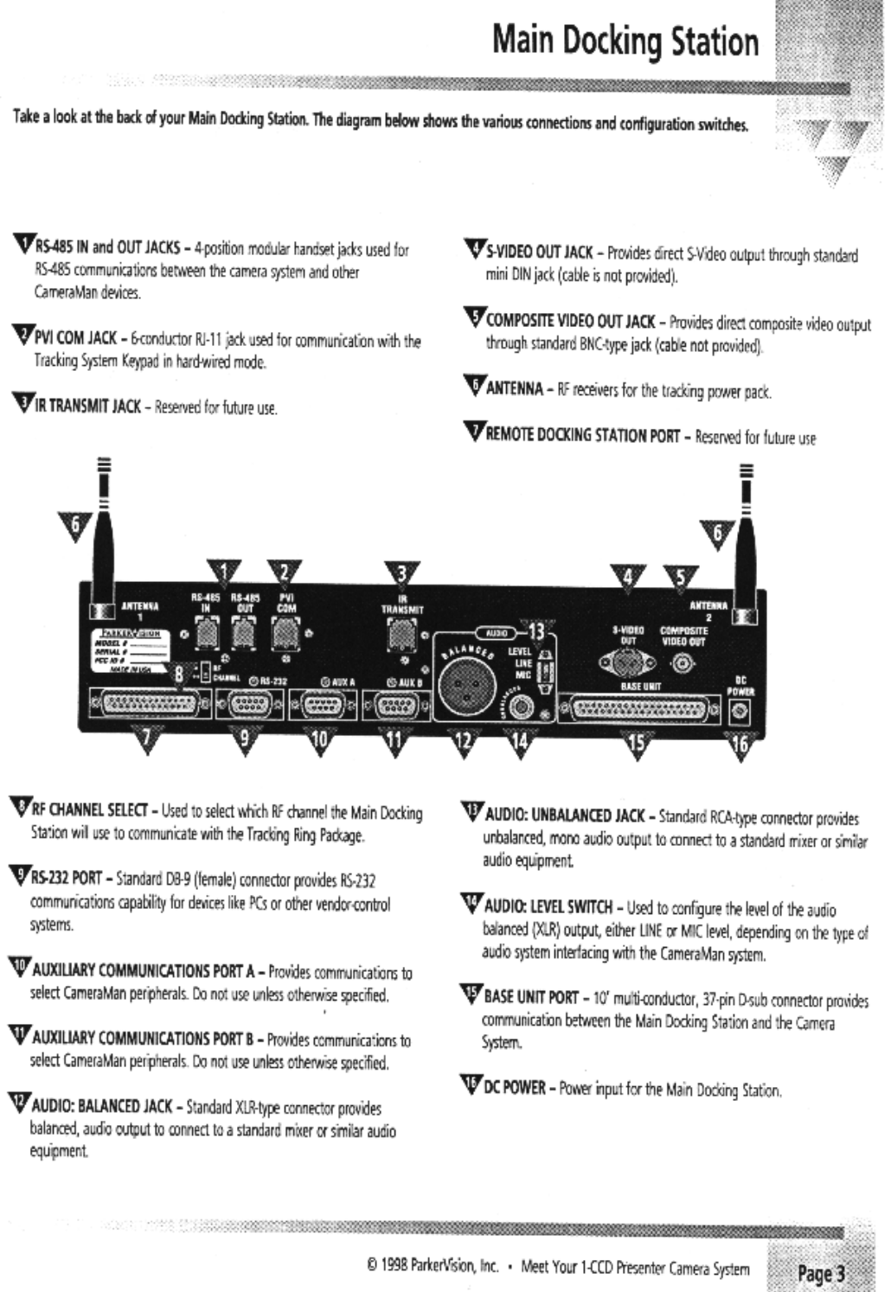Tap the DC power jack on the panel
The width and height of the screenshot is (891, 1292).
tap(740, 712)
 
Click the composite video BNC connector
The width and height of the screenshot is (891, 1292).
tap(683, 664)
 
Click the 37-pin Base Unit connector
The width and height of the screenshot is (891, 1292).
tap(640, 710)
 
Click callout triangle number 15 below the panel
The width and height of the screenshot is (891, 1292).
tap(638, 744)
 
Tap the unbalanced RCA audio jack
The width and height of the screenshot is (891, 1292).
tap(521, 708)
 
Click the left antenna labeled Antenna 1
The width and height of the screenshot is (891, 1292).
tap(103, 553)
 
